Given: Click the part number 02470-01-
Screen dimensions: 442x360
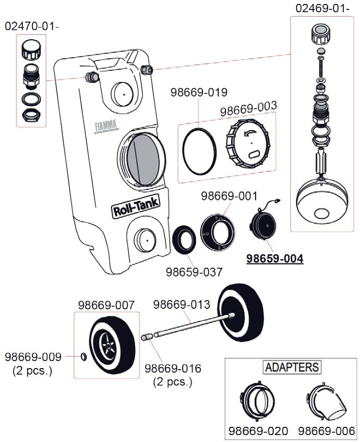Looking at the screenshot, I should pyautogui.click(x=32, y=26).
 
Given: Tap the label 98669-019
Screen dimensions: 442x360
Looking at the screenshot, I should pyautogui.click(x=199, y=92).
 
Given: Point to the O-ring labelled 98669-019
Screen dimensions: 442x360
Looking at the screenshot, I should pyautogui.click(x=199, y=149).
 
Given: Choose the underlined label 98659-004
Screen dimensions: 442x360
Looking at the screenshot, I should pyautogui.click(x=274, y=259).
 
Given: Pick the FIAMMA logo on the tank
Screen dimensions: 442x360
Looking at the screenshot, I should pyautogui.click(x=105, y=125).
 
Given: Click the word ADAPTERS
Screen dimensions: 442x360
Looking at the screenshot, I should pyautogui.click(x=292, y=367).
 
